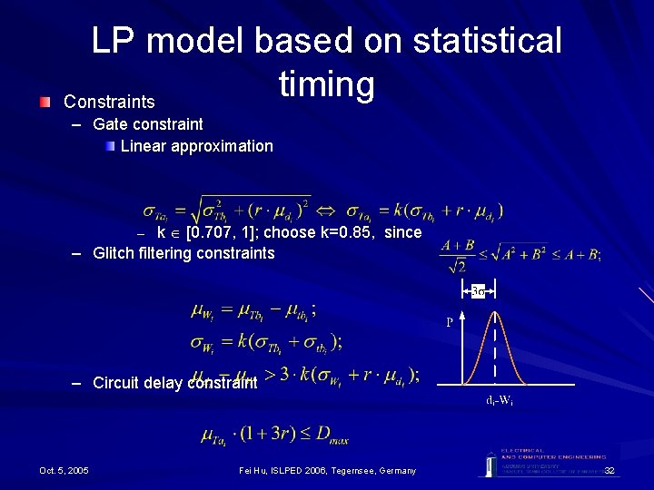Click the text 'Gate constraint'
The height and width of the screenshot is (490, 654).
click(x=148, y=123)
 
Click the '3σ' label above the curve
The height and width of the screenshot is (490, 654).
click(x=479, y=291)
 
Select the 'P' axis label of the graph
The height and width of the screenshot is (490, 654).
click(x=449, y=322)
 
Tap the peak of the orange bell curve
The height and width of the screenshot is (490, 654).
click(x=495, y=313)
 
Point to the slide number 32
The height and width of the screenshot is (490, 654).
click(x=609, y=470)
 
